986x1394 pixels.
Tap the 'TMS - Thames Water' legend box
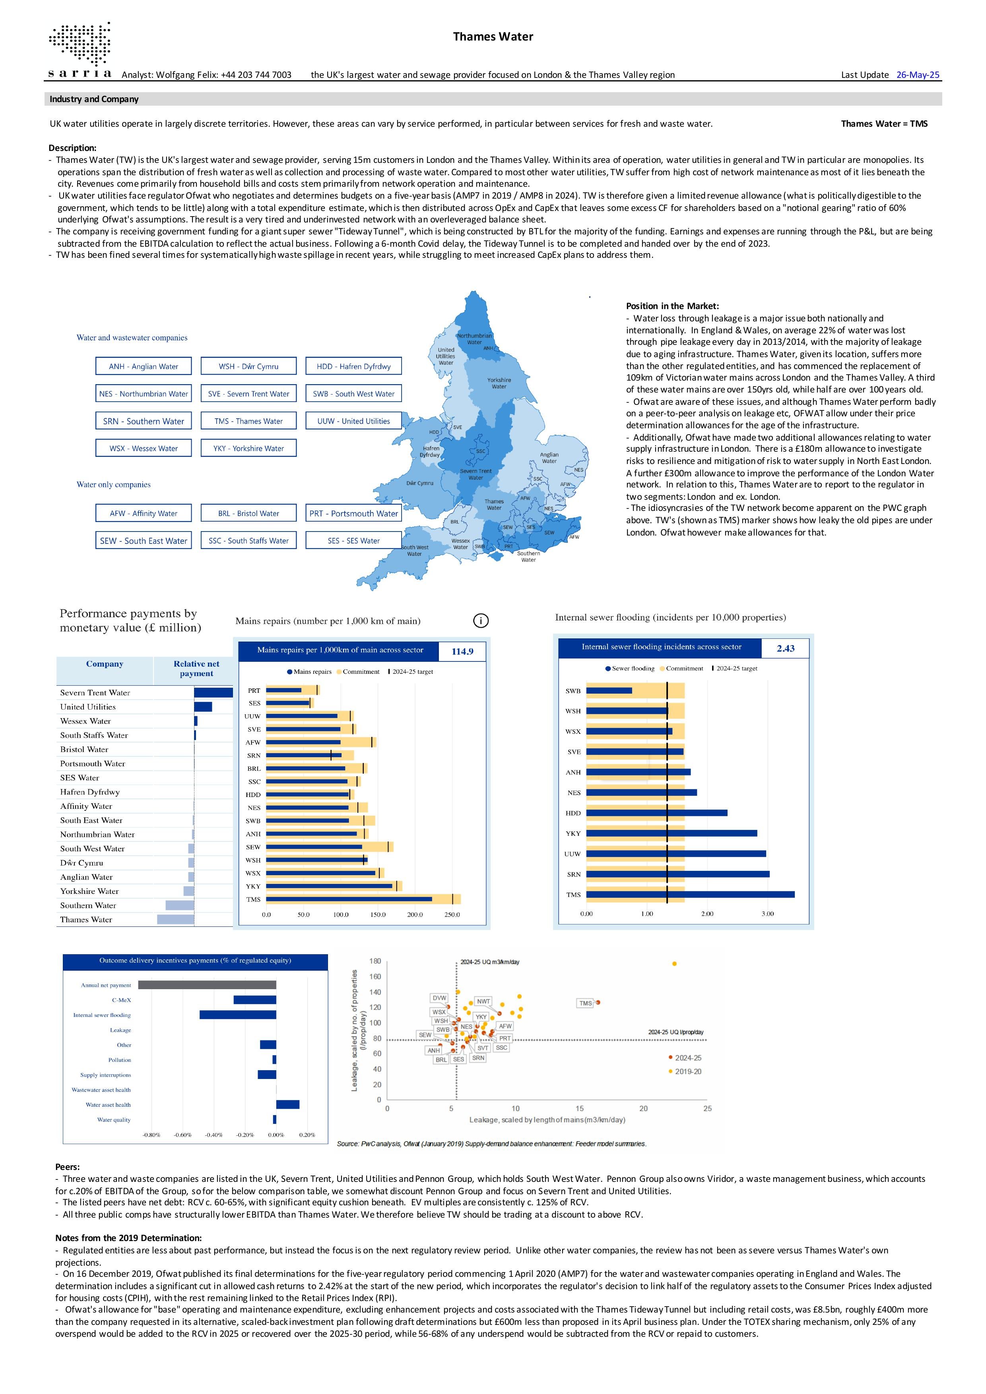point(248,421)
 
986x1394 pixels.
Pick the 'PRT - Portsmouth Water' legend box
point(353,513)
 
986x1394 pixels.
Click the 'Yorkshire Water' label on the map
point(499,383)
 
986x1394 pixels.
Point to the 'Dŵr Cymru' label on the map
point(420,483)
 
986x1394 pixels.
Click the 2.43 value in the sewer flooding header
point(786,648)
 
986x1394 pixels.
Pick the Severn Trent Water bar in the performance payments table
point(213,692)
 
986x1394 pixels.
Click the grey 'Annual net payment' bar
point(207,985)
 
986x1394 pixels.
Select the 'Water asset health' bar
point(288,1104)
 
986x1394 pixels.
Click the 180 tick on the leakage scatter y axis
point(375,961)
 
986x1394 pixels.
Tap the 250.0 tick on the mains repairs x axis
point(452,915)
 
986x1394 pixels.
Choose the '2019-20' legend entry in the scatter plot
point(685,1071)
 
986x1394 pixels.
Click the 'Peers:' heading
point(68,1166)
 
